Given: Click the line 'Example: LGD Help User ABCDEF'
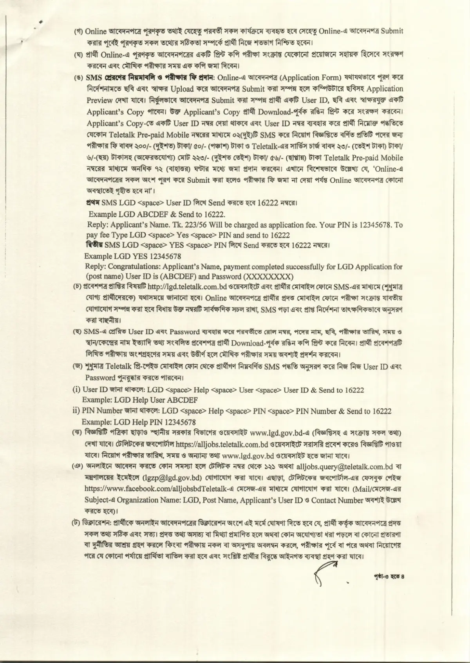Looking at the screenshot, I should pos(139,401).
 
